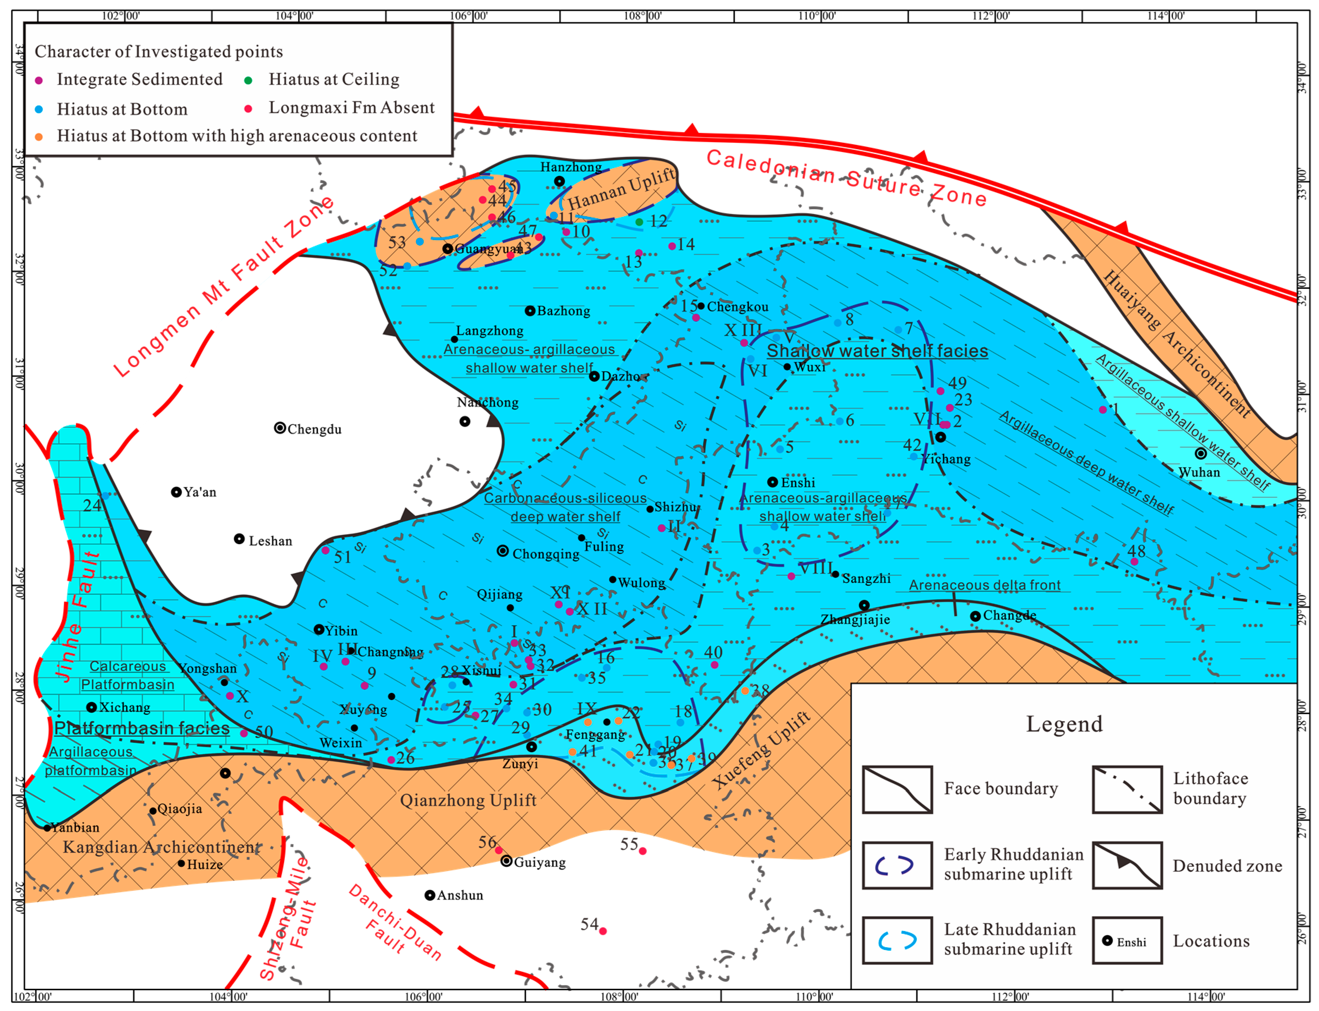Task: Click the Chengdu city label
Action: pos(314,429)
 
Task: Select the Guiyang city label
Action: pos(540,862)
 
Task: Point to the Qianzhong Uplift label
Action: pos(468,800)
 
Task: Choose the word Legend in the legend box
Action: pos(1064,724)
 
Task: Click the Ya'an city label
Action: pos(200,492)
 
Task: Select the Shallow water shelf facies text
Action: pos(877,351)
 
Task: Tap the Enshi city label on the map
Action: pos(798,483)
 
